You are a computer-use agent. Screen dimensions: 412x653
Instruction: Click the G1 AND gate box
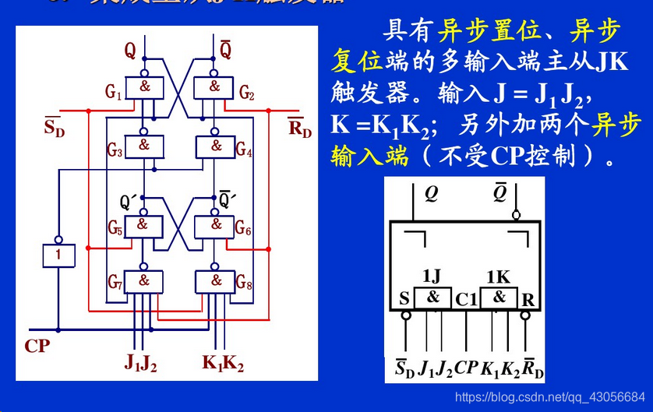tap(145, 87)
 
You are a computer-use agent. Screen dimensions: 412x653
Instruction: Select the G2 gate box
tap(216, 87)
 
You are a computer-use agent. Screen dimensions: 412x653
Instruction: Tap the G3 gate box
tap(145, 146)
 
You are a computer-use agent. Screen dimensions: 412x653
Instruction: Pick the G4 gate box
tap(216, 146)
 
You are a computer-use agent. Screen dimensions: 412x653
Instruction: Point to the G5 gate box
tap(143, 225)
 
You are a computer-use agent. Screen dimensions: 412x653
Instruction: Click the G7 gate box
tap(143, 280)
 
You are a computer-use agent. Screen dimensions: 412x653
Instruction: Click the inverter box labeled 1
tap(58, 255)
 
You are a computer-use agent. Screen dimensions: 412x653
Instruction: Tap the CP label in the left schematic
tap(37, 346)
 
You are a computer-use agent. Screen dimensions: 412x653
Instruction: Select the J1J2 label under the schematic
tap(140, 362)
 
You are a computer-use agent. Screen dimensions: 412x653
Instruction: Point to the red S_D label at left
tap(55, 126)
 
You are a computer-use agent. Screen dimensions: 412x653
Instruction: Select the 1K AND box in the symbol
tap(499, 297)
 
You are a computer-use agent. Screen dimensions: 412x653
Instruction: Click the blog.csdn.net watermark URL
tap(549, 397)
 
